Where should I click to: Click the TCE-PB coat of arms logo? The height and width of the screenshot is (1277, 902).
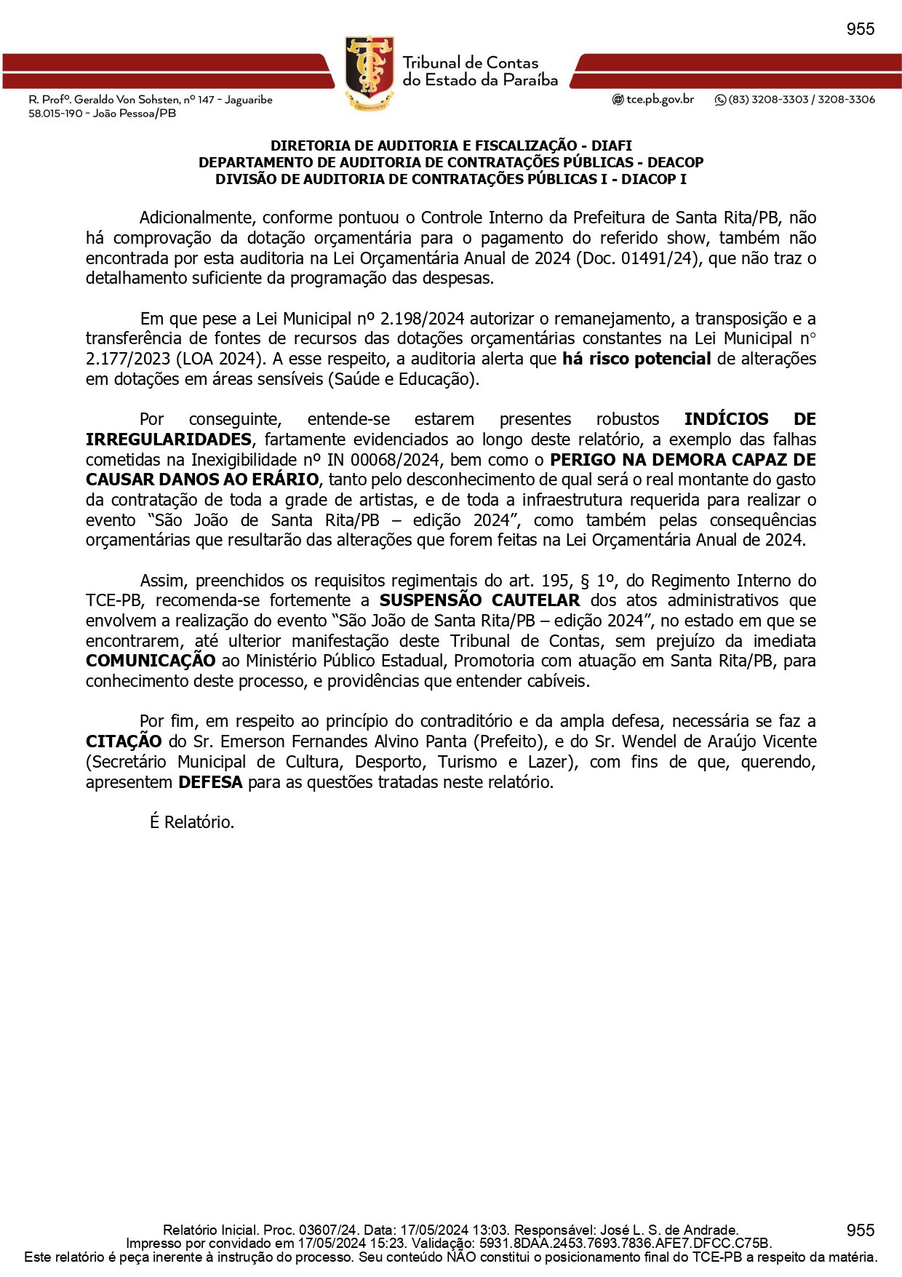point(370,72)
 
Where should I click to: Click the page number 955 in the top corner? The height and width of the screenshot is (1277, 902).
point(860,29)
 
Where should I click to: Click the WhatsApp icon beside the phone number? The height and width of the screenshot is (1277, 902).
point(720,100)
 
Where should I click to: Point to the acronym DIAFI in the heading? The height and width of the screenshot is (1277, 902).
point(611,146)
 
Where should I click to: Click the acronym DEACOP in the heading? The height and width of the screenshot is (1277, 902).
point(676,162)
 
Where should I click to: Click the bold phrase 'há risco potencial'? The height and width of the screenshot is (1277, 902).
point(636,359)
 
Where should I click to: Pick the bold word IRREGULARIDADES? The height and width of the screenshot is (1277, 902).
point(169,439)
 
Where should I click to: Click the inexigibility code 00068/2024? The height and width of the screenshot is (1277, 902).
point(394,460)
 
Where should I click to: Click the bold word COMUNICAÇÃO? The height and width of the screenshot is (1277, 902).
point(151,661)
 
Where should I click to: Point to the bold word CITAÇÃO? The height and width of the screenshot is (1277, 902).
point(124,741)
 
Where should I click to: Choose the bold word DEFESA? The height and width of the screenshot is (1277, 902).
point(210,782)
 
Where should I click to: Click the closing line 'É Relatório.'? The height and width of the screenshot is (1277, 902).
point(192,822)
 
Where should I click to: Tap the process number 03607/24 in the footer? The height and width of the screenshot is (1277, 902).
point(329,1230)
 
